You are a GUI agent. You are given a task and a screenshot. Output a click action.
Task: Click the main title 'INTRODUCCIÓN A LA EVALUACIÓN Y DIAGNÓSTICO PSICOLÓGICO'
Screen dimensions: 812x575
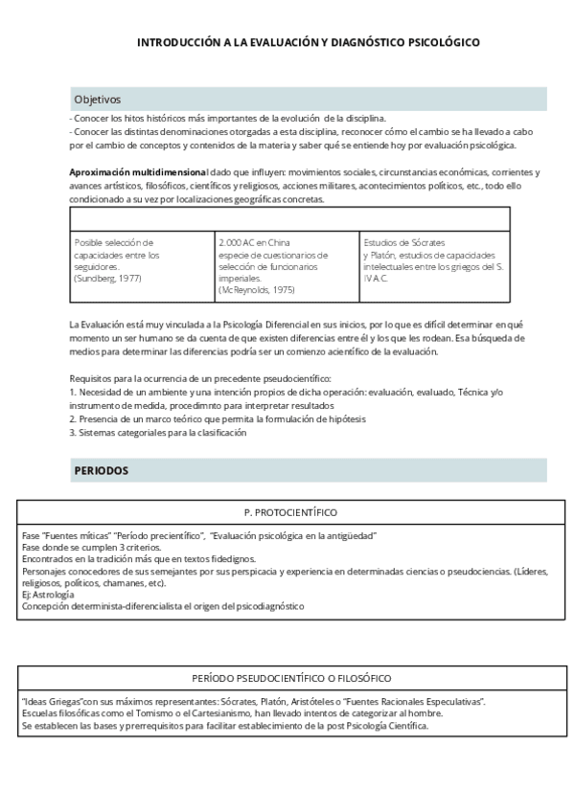(308, 43)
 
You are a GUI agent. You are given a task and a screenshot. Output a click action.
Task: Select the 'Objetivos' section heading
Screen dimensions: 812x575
(98, 99)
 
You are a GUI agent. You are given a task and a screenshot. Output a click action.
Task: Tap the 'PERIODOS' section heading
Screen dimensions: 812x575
(101, 470)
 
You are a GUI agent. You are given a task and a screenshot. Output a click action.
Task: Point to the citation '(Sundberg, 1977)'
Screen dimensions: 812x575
(107, 278)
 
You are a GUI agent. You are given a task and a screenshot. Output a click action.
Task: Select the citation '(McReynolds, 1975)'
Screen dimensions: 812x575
(256, 289)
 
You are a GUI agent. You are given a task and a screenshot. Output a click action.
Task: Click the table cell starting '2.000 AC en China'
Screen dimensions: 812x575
(287, 265)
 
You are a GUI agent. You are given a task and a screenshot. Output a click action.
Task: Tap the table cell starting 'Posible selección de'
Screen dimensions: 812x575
(142, 260)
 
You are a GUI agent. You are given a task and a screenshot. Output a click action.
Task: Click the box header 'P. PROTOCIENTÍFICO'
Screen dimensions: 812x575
(290, 512)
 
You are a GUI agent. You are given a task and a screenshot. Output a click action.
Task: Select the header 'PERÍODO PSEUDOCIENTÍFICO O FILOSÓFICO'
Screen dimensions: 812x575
(290, 677)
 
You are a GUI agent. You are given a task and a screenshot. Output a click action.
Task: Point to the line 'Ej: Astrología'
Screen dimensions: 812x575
(48, 595)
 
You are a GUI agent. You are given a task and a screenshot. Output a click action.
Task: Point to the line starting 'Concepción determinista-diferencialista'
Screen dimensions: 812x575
(163, 606)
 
